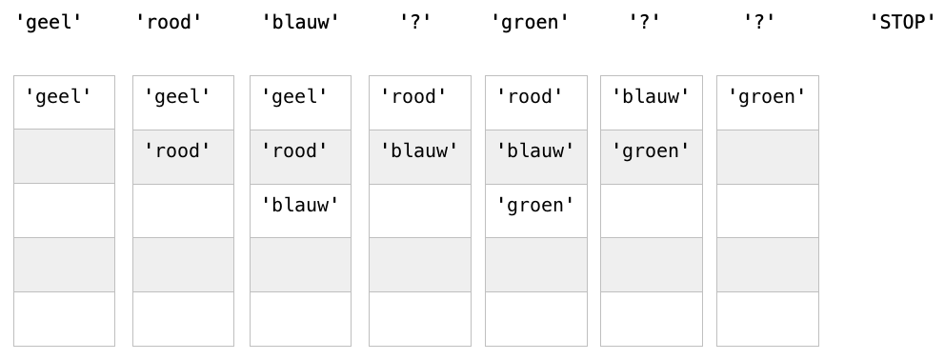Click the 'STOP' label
pyautogui.click(x=902, y=22)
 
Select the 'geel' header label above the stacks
pyautogui.click(x=49, y=22)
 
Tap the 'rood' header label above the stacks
pyautogui.click(x=169, y=22)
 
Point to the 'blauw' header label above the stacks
pyautogui.click(x=300, y=22)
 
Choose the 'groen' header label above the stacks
pyautogui.click(x=530, y=22)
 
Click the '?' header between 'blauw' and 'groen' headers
pyautogui.click(x=416, y=22)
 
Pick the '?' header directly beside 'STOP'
pyautogui.click(x=759, y=22)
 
